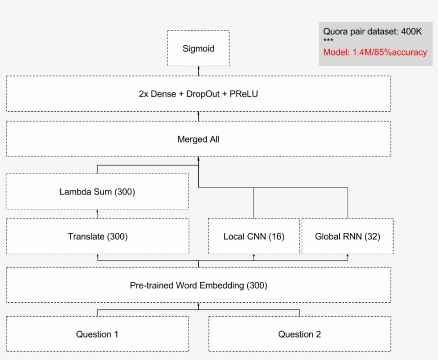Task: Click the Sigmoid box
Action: coord(198,49)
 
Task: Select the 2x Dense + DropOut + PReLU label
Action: coord(198,94)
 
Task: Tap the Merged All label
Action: coord(198,139)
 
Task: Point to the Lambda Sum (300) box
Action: coord(97,191)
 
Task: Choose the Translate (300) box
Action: coord(97,236)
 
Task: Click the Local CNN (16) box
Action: coord(254,236)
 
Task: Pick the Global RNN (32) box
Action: coord(347,236)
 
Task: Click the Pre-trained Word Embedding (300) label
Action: coord(198,285)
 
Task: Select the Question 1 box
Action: coord(97,334)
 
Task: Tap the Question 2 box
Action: coord(299,334)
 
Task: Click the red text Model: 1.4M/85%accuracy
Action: coord(375,52)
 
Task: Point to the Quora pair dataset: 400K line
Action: coord(372,32)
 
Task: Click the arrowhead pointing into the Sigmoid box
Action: coord(198,68)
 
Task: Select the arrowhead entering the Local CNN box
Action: coord(254,256)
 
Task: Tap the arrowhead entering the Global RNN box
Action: coord(348,256)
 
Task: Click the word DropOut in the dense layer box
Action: coord(200,94)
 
